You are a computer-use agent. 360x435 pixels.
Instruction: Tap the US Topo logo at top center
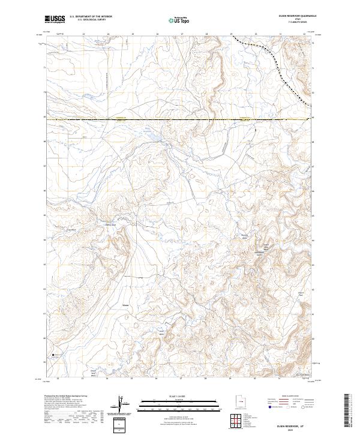click(173, 20)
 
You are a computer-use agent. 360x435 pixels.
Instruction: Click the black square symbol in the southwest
click(53, 355)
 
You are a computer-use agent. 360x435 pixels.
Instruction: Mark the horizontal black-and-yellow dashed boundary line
click(180, 121)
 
